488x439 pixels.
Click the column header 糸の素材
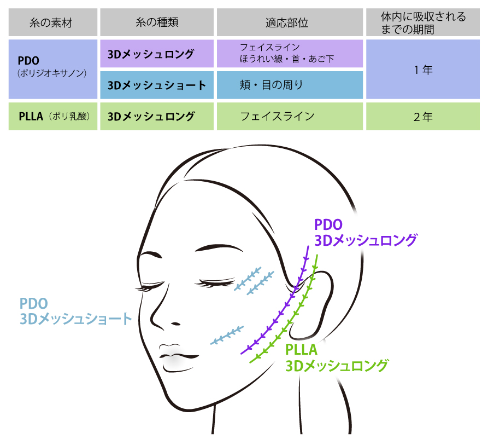tap(52, 22)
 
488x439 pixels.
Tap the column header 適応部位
tap(290, 22)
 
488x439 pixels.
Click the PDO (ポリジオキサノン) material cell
tap(52, 68)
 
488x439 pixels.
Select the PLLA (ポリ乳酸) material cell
tap(52, 116)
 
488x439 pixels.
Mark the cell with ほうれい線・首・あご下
tap(290, 54)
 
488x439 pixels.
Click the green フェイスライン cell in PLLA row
tap(290, 116)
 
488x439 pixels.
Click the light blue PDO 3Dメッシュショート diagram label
tap(75, 311)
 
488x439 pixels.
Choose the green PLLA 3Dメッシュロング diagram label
tap(337, 357)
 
